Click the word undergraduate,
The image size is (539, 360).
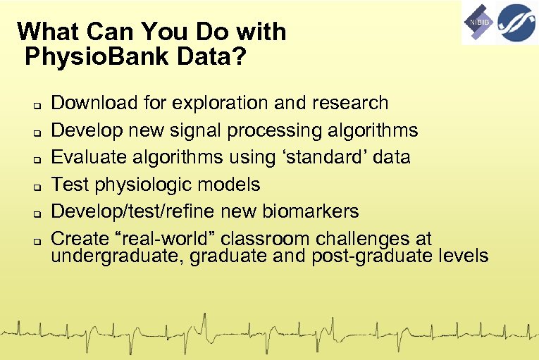(113, 255)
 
